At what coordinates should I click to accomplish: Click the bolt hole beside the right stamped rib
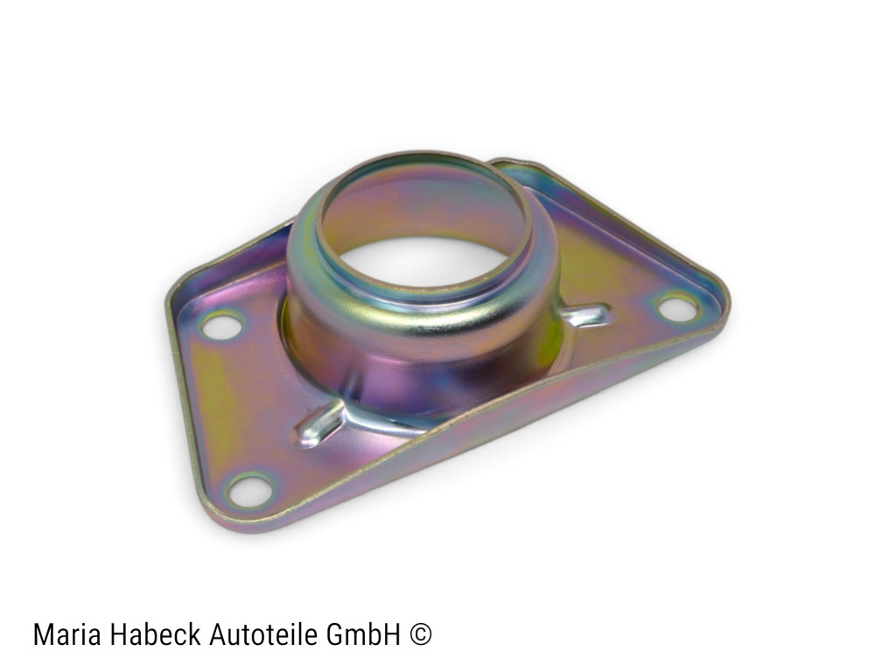click(678, 307)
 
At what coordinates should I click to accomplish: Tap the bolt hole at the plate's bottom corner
click(249, 491)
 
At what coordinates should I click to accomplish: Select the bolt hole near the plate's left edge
click(222, 325)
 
